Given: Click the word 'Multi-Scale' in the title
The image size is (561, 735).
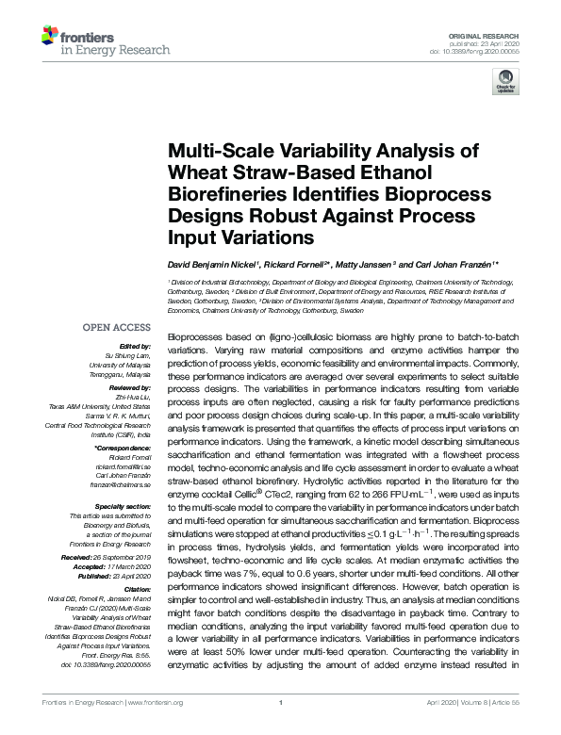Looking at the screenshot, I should coord(218,152).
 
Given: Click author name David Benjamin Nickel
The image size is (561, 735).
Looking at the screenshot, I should coord(215,267).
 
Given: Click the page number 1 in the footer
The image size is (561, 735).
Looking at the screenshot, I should coord(281,727).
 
